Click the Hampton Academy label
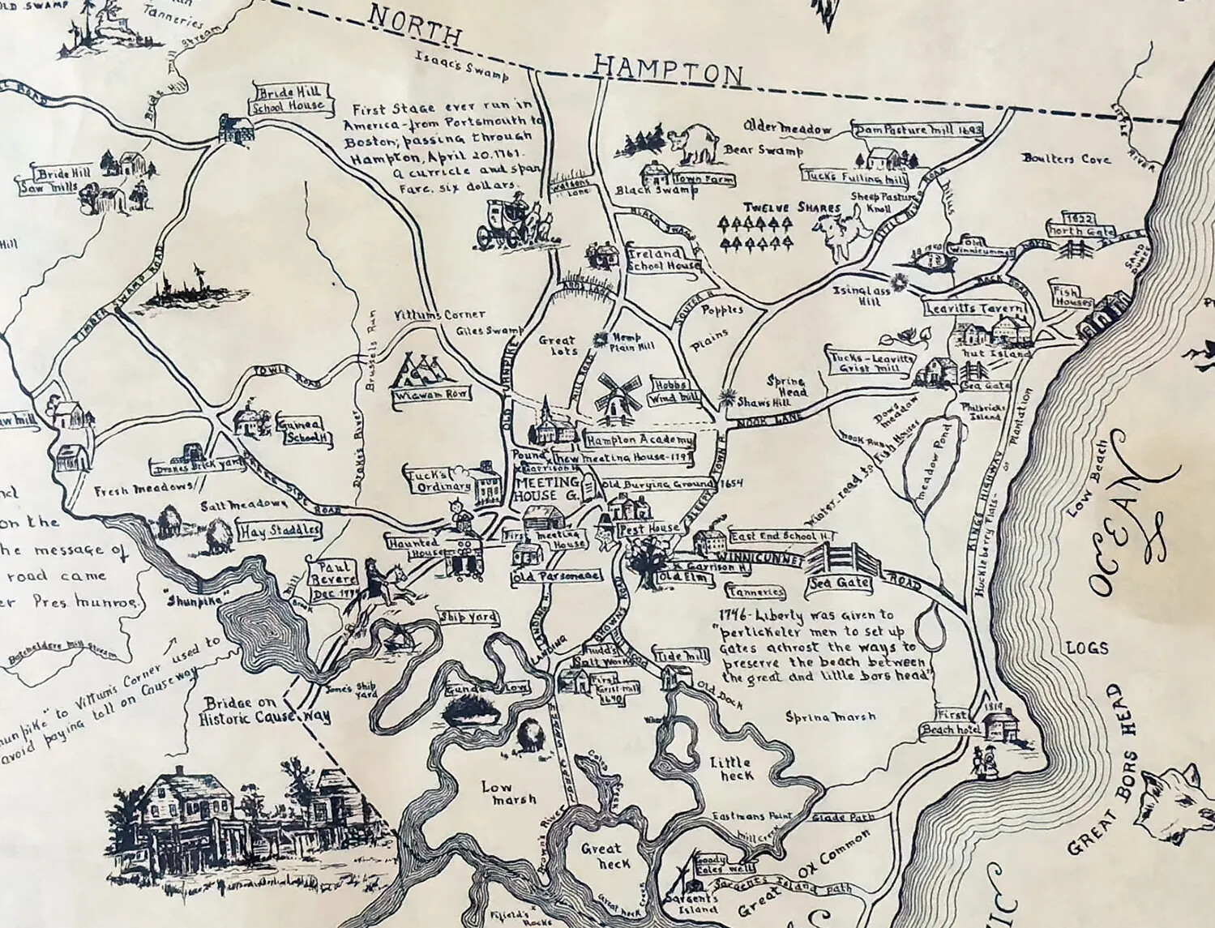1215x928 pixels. pos(640,440)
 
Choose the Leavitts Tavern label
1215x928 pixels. pos(976,309)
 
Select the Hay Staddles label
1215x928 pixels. pos(279,532)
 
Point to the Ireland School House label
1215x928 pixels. pos(664,259)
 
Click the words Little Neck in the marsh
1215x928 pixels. pos(731,768)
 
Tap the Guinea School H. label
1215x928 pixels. pos(304,431)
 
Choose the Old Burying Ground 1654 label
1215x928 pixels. pos(672,484)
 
